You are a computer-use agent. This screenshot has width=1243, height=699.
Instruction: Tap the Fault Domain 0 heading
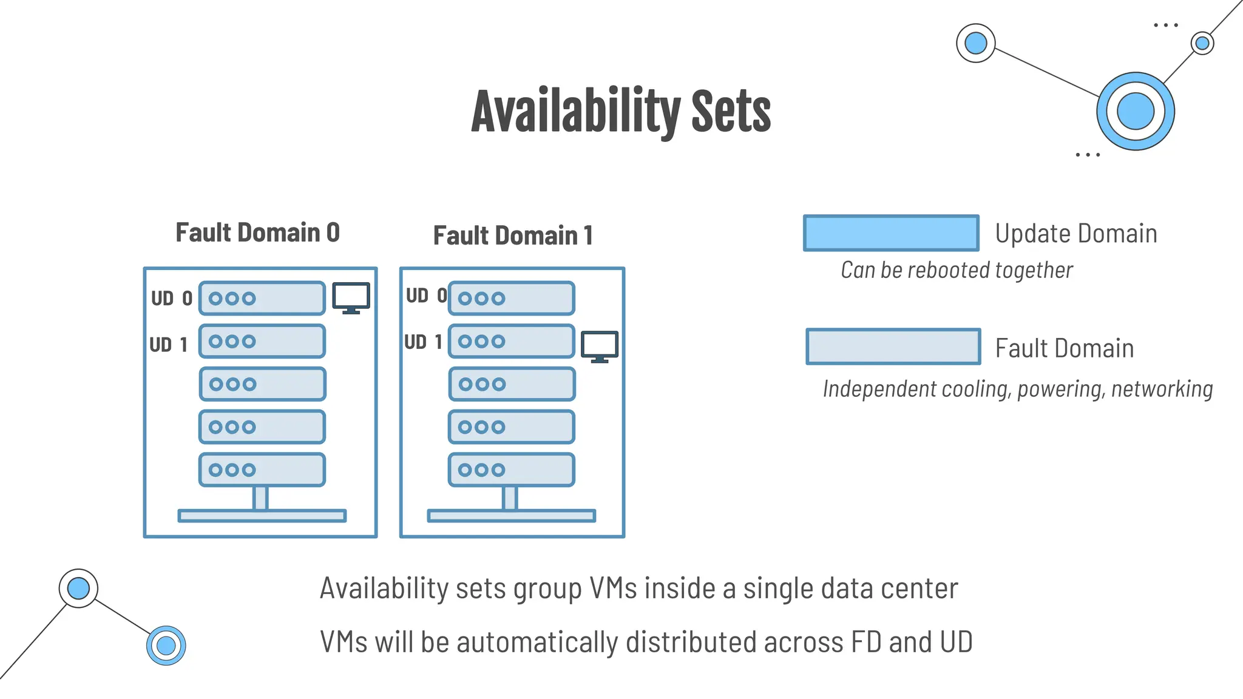click(257, 233)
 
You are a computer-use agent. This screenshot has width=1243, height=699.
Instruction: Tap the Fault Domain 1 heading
click(513, 236)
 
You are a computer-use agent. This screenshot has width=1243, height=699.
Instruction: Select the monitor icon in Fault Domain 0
click(351, 297)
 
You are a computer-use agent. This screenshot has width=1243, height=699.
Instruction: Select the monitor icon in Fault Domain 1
click(600, 346)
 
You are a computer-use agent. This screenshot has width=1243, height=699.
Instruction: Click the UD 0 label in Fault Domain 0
click(171, 299)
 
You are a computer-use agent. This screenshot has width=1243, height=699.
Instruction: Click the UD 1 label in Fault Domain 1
click(423, 342)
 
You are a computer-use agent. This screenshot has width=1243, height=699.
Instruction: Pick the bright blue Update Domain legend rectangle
click(891, 233)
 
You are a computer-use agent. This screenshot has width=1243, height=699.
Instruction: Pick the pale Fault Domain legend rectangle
click(893, 347)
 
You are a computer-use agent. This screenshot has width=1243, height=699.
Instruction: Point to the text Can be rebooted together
click(957, 270)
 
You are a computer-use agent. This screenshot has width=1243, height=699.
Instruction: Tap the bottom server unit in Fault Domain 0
click(262, 470)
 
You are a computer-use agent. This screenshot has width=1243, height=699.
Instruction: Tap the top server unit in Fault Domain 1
click(512, 298)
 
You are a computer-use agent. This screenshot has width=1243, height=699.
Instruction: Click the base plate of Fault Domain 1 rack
click(511, 516)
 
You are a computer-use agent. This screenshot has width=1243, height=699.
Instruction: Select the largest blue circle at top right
click(1135, 112)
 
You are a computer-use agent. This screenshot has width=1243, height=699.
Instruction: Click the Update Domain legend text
click(1075, 234)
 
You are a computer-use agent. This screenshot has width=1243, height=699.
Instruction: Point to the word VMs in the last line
click(344, 642)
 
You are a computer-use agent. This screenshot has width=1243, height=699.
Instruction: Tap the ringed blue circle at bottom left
click(166, 646)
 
